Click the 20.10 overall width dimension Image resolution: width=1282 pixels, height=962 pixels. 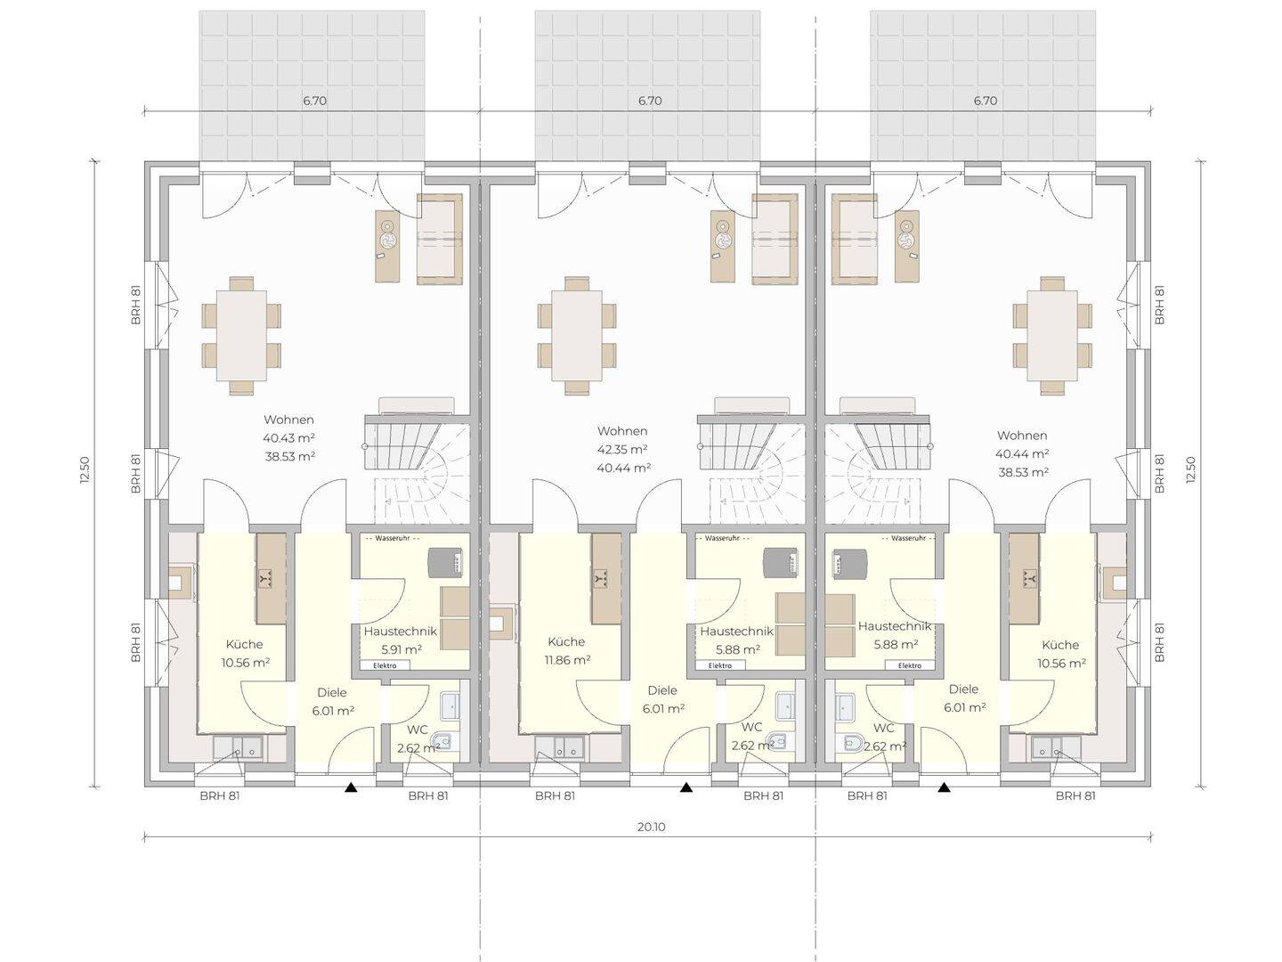click(651, 827)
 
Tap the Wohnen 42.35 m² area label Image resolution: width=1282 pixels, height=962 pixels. click(622, 449)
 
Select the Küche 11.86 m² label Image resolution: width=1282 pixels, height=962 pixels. click(566, 650)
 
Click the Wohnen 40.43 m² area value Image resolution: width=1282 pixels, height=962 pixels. click(289, 437)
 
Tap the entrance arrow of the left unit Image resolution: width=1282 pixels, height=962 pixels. click(351, 787)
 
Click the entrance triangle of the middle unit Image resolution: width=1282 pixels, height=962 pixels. click(686, 787)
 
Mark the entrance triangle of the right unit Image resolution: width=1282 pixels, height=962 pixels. click(944, 787)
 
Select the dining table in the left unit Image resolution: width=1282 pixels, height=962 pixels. click(242, 335)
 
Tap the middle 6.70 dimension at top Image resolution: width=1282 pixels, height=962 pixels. click(650, 101)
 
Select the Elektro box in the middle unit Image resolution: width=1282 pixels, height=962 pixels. click(720, 665)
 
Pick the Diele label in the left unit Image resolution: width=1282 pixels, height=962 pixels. click(332, 692)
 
